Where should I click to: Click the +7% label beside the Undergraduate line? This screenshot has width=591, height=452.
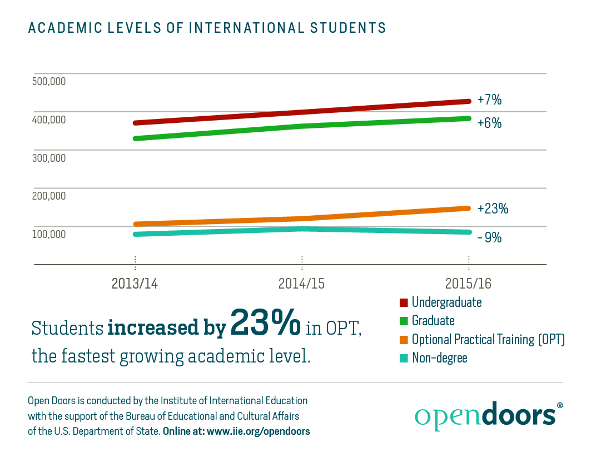[x=489, y=100]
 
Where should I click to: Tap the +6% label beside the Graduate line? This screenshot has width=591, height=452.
[x=489, y=123]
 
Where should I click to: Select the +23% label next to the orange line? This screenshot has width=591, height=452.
[x=493, y=209]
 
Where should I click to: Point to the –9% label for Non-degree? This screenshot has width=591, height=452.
[x=489, y=237]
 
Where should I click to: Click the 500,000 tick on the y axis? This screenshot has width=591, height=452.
[x=49, y=81]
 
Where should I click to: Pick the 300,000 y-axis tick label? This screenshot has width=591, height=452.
[x=49, y=157]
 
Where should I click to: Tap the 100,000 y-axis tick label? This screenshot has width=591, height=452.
[x=49, y=234]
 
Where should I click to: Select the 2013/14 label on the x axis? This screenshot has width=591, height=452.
[x=135, y=283]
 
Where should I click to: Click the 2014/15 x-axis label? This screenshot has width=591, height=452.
[x=301, y=283]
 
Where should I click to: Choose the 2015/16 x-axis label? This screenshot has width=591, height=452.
[x=468, y=283]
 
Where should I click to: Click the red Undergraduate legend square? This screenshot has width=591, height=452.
[x=404, y=303]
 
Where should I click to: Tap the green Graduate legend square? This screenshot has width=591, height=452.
[x=404, y=321]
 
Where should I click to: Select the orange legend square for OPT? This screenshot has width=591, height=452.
[x=404, y=340]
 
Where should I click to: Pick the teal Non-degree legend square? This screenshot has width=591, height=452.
[x=404, y=358]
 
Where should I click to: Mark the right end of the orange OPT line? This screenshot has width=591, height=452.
[x=469, y=208]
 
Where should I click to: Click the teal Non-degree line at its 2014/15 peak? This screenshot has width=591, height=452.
[x=302, y=229]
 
